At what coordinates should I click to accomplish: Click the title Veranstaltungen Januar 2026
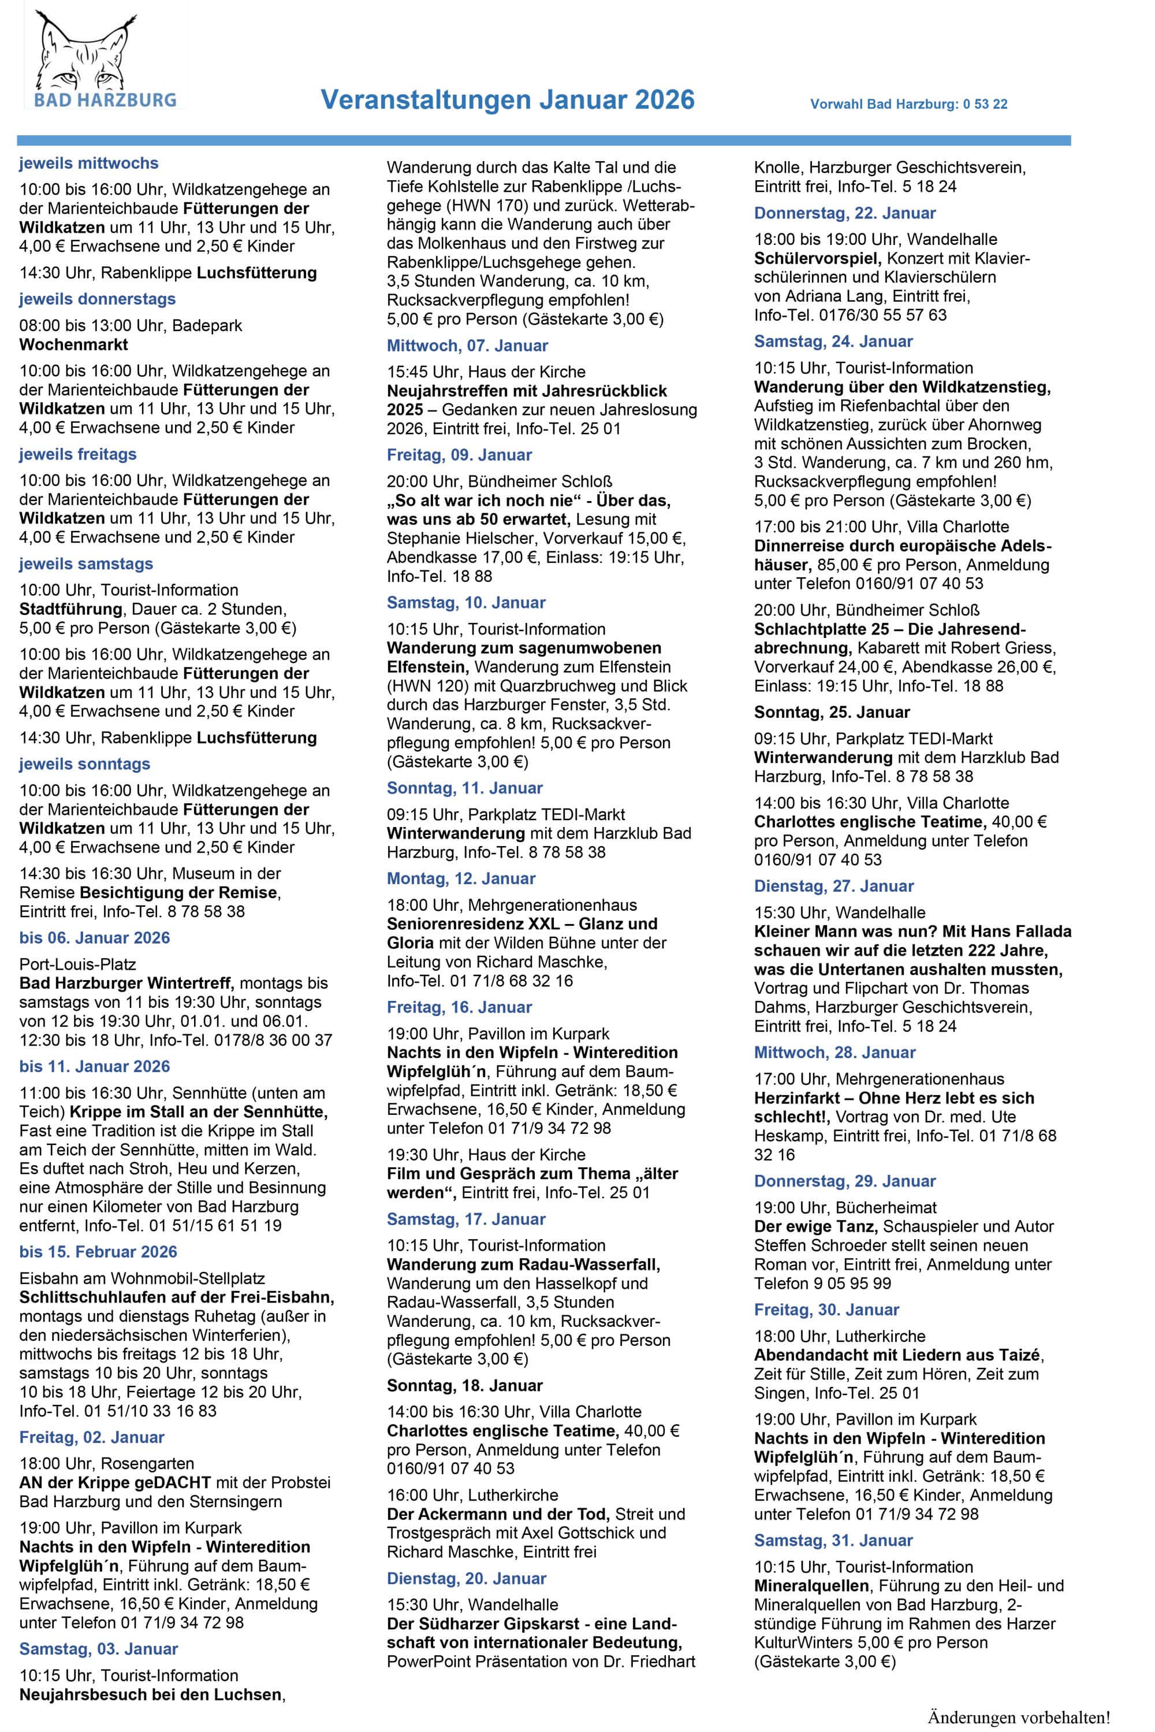[508, 99]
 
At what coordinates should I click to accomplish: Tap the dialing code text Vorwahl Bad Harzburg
[908, 104]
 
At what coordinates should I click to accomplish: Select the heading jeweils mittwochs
[88, 163]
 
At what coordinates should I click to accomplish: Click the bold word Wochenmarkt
[74, 344]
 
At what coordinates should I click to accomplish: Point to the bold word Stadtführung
[70, 609]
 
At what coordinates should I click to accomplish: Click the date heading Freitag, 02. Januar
[92, 1437]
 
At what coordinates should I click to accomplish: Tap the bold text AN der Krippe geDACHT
[115, 1482]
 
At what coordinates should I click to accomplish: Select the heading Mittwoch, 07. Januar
[468, 345]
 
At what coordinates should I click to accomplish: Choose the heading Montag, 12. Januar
[461, 878]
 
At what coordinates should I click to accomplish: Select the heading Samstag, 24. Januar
[833, 341]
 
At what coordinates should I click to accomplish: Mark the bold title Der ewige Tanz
[815, 1226]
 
